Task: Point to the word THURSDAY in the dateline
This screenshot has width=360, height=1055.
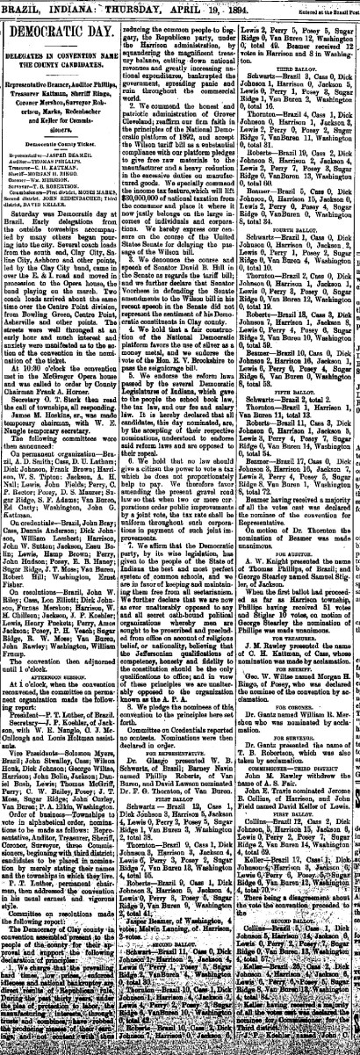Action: pos(104,5)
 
